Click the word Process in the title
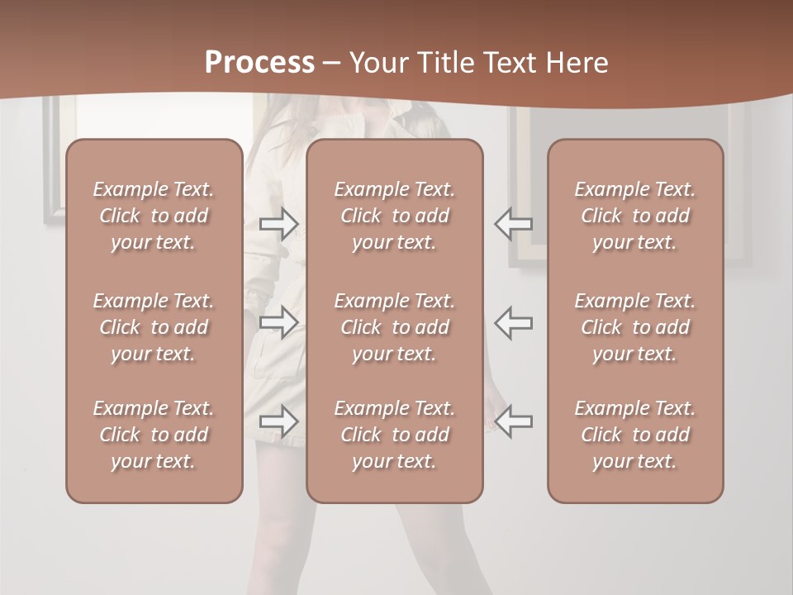coord(259,63)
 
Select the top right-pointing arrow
coord(278,223)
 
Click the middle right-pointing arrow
coord(278,321)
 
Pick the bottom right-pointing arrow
coord(278,421)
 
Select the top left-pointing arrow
coord(513,223)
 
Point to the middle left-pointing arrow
coord(513,321)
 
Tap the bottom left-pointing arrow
coord(513,421)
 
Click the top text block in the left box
coord(154,216)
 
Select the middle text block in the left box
coord(154,327)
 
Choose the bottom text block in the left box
coord(154,435)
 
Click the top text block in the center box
coord(394,216)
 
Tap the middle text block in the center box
coord(394,327)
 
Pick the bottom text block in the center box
coord(394,435)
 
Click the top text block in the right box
coord(634,216)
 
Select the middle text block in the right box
coord(634,327)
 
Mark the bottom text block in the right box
coord(634,435)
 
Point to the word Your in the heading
coord(379,63)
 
